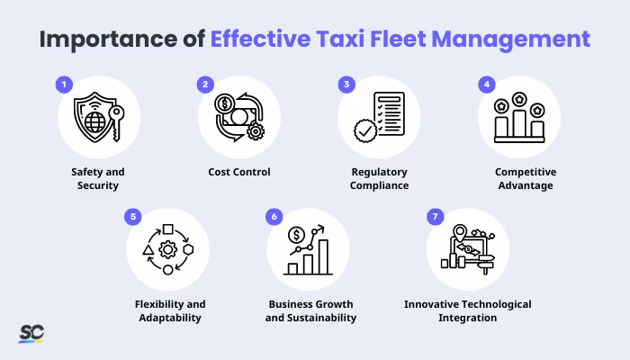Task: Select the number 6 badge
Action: pos(273,218)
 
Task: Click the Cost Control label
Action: pos(238,171)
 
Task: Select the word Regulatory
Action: pos(379,171)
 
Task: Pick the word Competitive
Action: pos(519,171)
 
